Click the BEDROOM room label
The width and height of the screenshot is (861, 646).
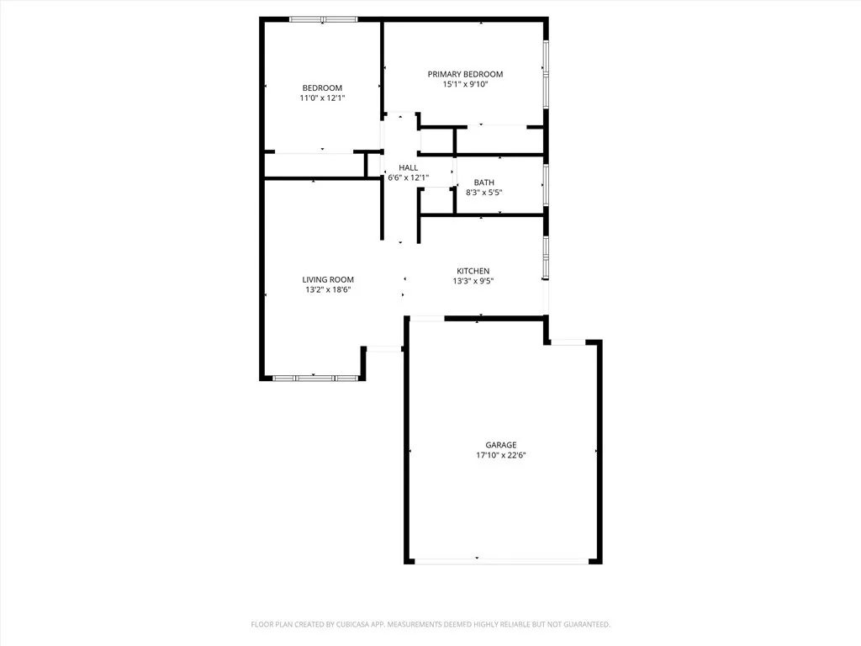tap(322, 88)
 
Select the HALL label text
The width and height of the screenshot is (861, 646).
tap(408, 168)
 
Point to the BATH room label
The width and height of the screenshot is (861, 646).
tap(483, 183)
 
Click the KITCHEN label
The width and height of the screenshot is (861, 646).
tap(473, 271)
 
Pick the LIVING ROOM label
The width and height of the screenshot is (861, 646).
tap(328, 280)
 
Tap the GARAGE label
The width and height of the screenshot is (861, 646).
tap(500, 445)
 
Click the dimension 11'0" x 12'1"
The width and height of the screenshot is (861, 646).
tap(322, 98)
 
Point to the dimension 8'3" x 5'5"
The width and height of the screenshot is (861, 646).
tap(484, 193)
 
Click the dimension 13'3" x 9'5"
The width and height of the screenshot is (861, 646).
tap(473, 281)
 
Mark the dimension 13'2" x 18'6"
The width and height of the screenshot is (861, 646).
tap(328, 290)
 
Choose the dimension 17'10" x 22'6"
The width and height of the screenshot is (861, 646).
tap(501, 455)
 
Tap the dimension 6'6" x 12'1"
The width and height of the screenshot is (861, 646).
tap(408, 177)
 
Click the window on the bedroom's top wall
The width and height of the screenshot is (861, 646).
tap(323, 19)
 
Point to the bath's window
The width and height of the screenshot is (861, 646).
tap(546, 184)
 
